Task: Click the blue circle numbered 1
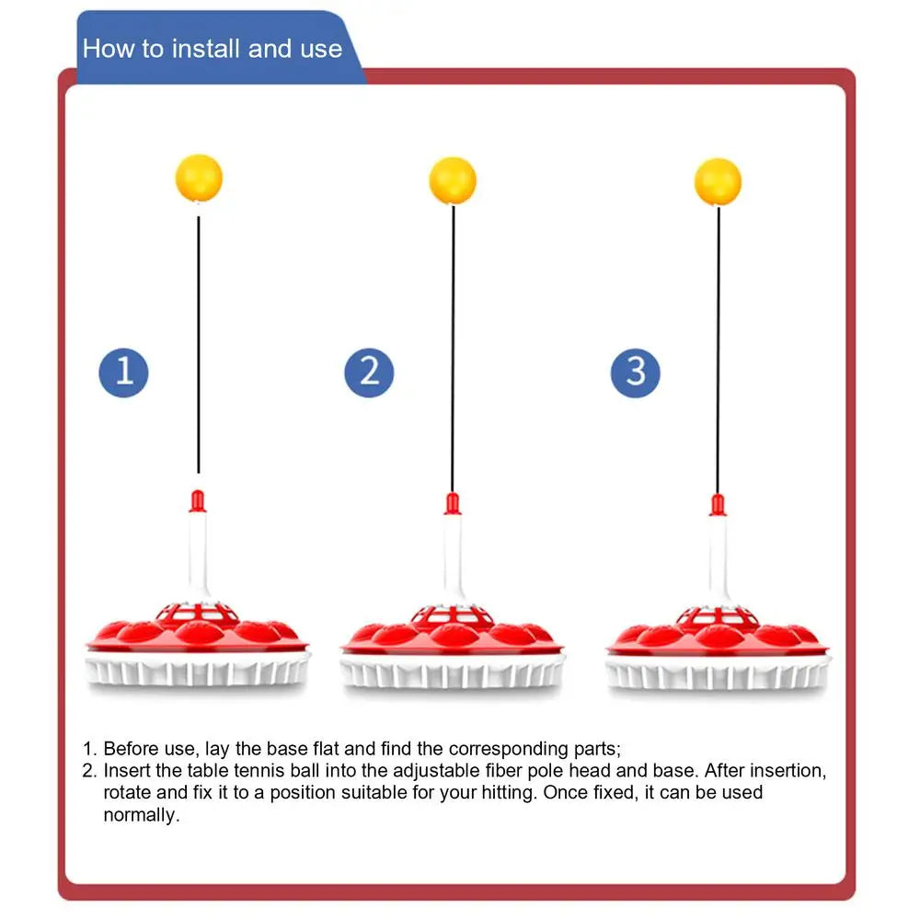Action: click(123, 372)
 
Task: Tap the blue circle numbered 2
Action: click(369, 372)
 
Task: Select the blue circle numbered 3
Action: click(636, 372)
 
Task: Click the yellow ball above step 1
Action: click(199, 178)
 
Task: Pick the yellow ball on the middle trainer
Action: click(453, 180)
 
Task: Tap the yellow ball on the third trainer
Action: click(718, 181)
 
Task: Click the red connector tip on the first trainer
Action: click(197, 501)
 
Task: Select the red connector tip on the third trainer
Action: click(718, 505)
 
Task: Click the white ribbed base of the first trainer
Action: click(198, 672)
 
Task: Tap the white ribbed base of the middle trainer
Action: click(453, 673)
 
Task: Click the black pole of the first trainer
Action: click(198, 350)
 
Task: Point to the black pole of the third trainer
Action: click(719, 350)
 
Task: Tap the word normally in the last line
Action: click(139, 814)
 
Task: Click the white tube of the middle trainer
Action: click(452, 561)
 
